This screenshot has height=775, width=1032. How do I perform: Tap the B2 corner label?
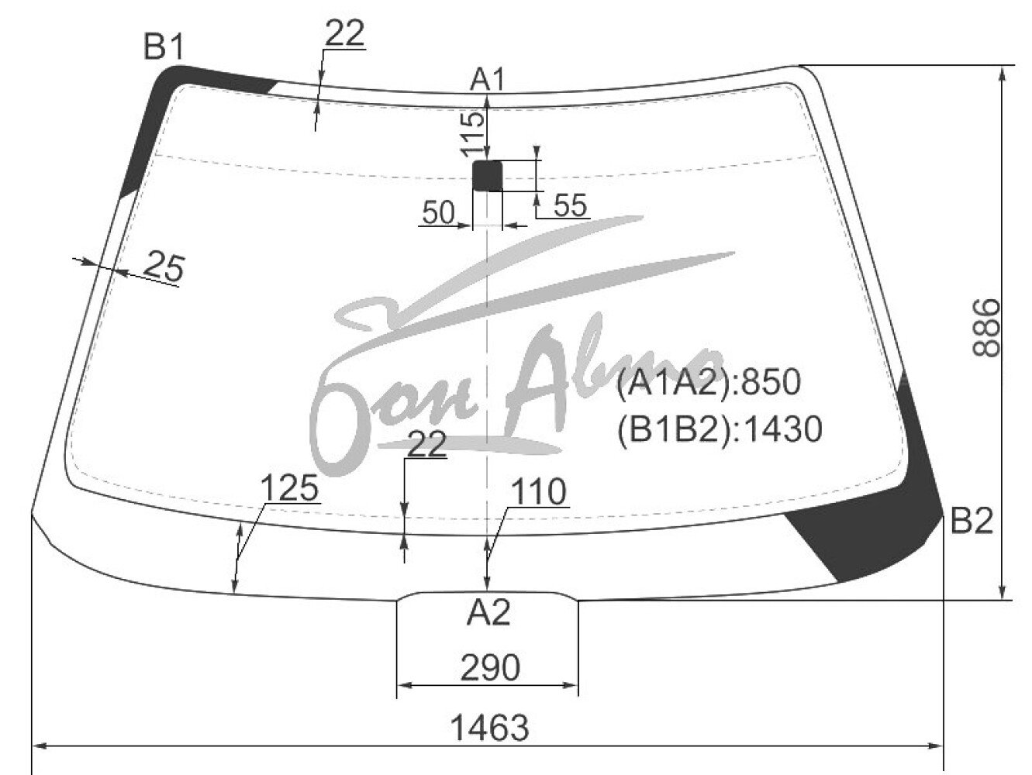(972, 521)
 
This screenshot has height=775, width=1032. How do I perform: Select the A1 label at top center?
(487, 79)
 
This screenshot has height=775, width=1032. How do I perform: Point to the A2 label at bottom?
(488, 613)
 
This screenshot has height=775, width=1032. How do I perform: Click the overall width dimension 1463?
(489, 728)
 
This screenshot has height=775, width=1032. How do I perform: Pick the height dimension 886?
(985, 328)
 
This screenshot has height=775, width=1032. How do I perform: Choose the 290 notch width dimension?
(490, 667)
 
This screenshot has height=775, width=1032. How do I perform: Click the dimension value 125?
(289, 487)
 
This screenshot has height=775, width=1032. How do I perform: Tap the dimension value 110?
(538, 491)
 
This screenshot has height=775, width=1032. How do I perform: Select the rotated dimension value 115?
(472, 134)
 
